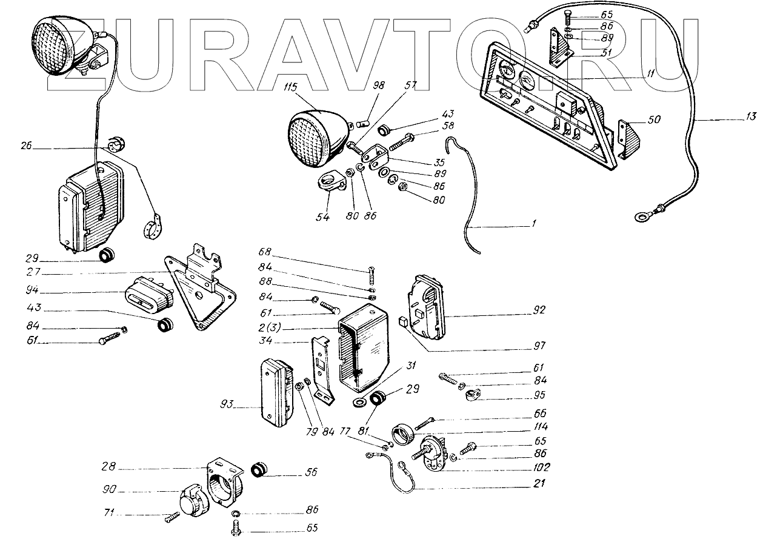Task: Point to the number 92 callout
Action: point(539,310)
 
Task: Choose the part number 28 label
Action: point(109,468)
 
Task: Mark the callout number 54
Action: point(323,216)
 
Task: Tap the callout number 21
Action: point(539,484)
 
